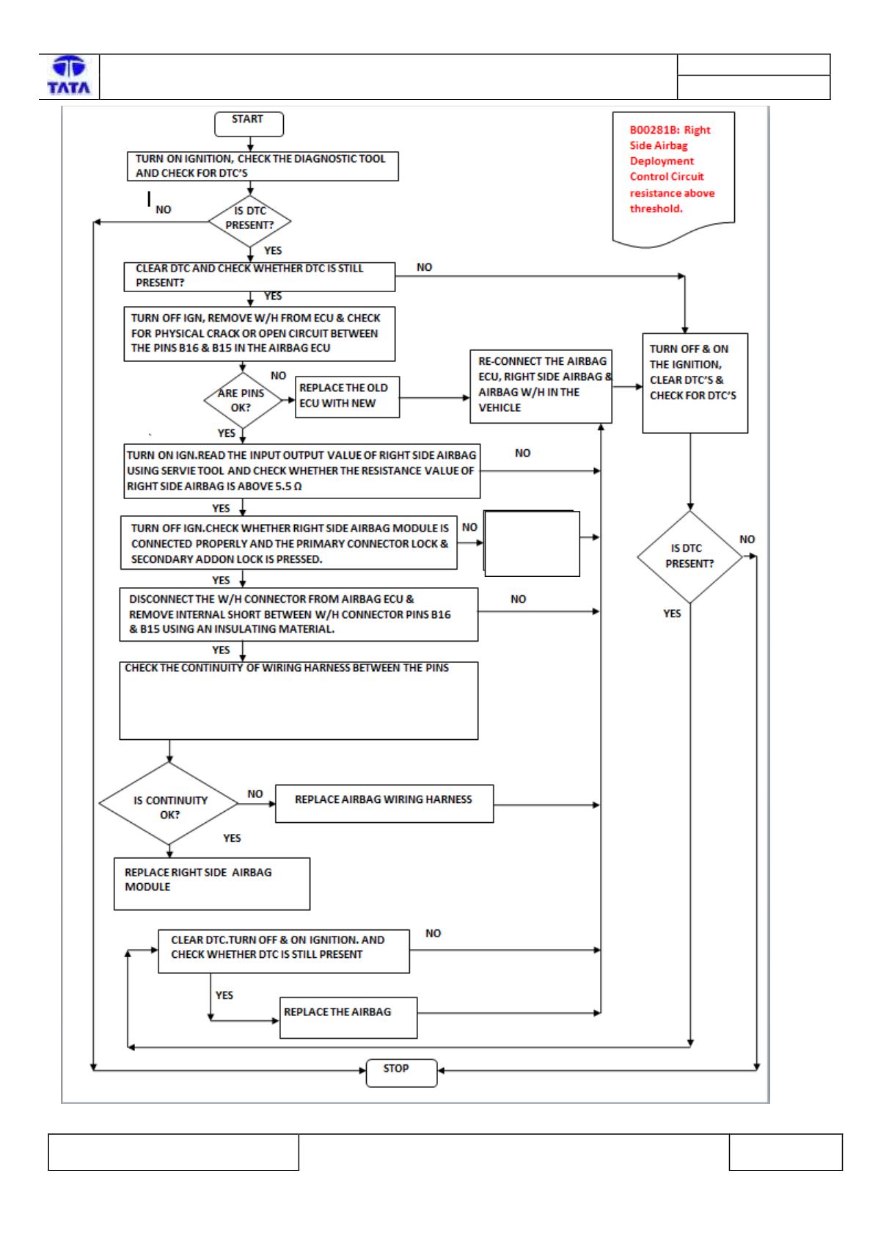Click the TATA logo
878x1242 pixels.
pos(69,76)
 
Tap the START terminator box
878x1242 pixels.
pos(249,123)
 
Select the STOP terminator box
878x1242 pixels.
pos(401,1073)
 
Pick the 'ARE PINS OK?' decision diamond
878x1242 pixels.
pos(243,400)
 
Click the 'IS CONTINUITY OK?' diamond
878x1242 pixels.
pos(169,804)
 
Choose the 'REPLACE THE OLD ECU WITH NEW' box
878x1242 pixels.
pos(347,397)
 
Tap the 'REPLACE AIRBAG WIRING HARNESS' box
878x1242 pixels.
pos(384,804)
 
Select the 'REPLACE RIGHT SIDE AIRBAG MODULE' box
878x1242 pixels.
pos(211,884)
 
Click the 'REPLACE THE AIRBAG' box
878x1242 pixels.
pos(348,1017)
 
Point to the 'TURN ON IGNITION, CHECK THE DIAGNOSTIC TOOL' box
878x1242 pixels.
pos(263,166)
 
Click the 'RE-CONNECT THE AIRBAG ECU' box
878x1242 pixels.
pos(541,386)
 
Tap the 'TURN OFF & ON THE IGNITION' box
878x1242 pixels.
pos(695,383)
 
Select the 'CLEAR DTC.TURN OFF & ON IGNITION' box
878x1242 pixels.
pos(284,951)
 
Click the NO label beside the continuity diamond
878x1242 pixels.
pos(255,793)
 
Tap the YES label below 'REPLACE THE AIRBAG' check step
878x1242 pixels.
pos(224,995)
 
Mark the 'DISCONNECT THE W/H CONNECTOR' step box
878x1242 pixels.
pos(299,614)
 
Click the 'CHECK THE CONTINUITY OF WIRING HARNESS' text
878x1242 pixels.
pos(286,667)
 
